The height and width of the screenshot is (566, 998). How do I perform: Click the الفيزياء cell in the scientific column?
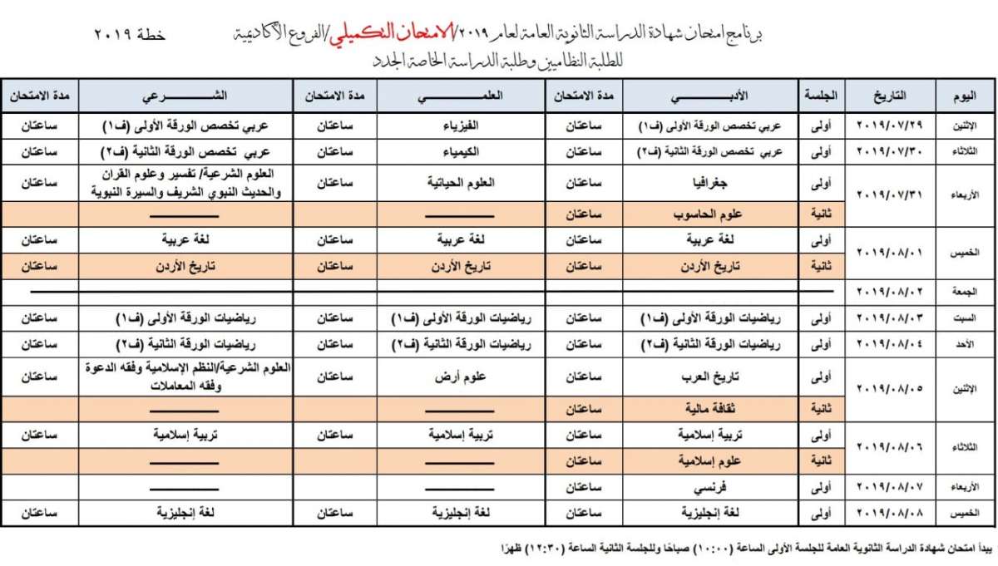coord(461,126)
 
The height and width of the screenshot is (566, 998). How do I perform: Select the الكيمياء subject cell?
coord(461,152)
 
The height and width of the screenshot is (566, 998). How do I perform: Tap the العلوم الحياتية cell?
coord(461,183)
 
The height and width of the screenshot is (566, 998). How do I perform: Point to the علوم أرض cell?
coord(461,376)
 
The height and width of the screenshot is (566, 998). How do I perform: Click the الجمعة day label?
coord(965,291)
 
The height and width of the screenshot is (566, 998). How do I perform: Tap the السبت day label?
coord(965,318)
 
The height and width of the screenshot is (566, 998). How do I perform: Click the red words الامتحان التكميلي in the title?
coord(399,33)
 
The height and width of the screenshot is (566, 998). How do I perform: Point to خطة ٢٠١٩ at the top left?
coord(130,36)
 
